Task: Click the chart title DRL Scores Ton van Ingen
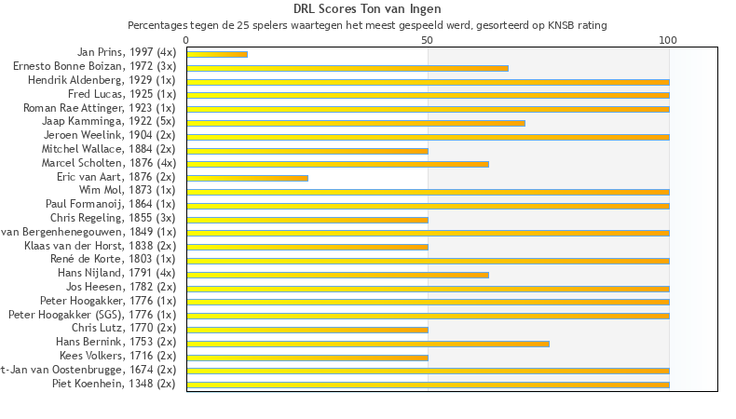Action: point(367,8)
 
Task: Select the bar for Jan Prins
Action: point(217,54)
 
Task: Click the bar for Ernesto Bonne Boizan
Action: point(348,68)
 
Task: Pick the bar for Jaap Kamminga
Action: point(356,123)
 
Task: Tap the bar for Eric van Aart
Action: point(247,178)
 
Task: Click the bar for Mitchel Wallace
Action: point(307,151)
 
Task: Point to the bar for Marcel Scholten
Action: point(337,164)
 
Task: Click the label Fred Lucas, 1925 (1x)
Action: point(122,95)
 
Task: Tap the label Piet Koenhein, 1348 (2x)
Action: point(114,384)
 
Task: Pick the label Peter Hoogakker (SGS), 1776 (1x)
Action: point(91,315)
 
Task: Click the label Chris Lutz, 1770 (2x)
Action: point(123,329)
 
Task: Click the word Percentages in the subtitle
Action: point(157,25)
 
